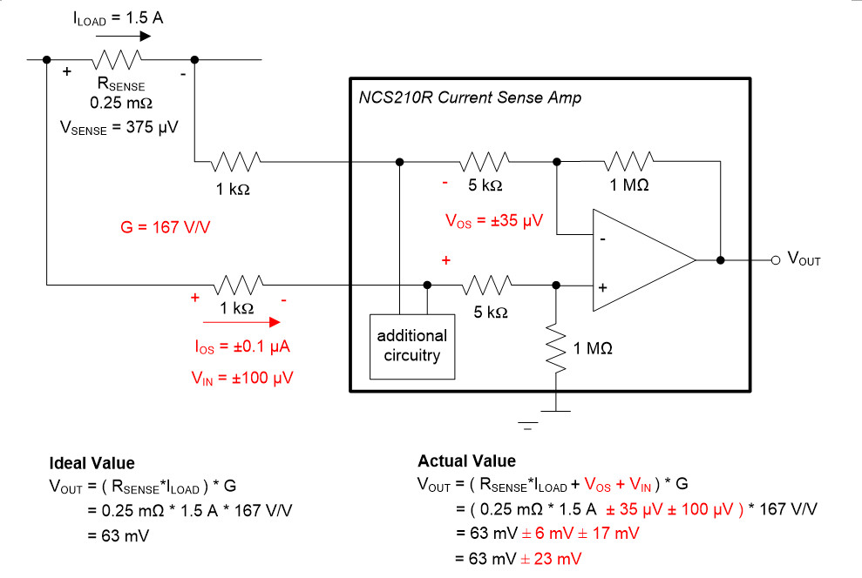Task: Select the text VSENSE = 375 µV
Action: pyautogui.click(x=119, y=127)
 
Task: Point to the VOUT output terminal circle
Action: pyautogui.click(x=774, y=259)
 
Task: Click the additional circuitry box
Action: pyautogui.click(x=412, y=346)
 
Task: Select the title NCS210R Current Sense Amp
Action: pyautogui.click(x=470, y=98)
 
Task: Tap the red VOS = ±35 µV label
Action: pyautogui.click(x=493, y=221)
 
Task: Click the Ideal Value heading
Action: pyautogui.click(x=92, y=463)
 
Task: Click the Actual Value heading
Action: pyautogui.click(x=466, y=461)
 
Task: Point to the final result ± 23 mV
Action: pyautogui.click(x=551, y=557)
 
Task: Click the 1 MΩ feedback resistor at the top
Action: pyautogui.click(x=630, y=161)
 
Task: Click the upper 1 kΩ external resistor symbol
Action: pyautogui.click(x=234, y=161)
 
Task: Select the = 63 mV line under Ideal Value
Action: pyautogui.click(x=118, y=534)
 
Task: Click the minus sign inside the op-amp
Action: pyautogui.click(x=602, y=236)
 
